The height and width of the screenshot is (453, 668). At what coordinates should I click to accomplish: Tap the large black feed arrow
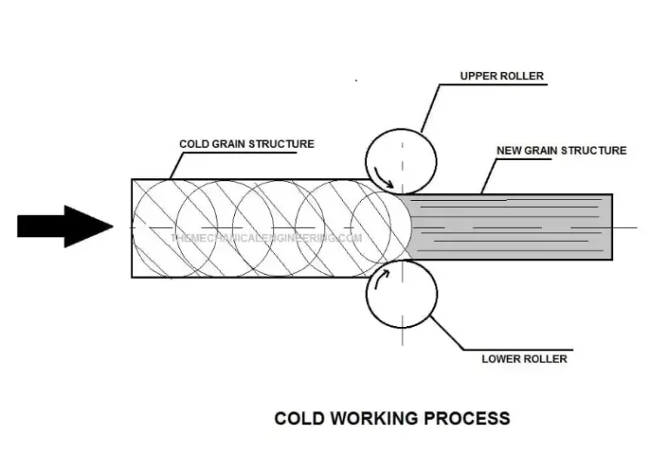(x=65, y=226)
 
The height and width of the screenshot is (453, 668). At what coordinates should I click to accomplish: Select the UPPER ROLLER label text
(x=502, y=77)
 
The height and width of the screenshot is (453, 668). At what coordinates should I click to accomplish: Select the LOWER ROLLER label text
(x=524, y=358)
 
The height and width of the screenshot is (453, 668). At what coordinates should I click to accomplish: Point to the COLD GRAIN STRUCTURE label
(x=246, y=143)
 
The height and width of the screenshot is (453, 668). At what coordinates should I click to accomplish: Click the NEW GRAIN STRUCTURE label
(x=561, y=150)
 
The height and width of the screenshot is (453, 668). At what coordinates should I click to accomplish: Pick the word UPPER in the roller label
(x=478, y=77)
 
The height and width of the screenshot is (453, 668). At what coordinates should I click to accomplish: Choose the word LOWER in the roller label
(x=500, y=358)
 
